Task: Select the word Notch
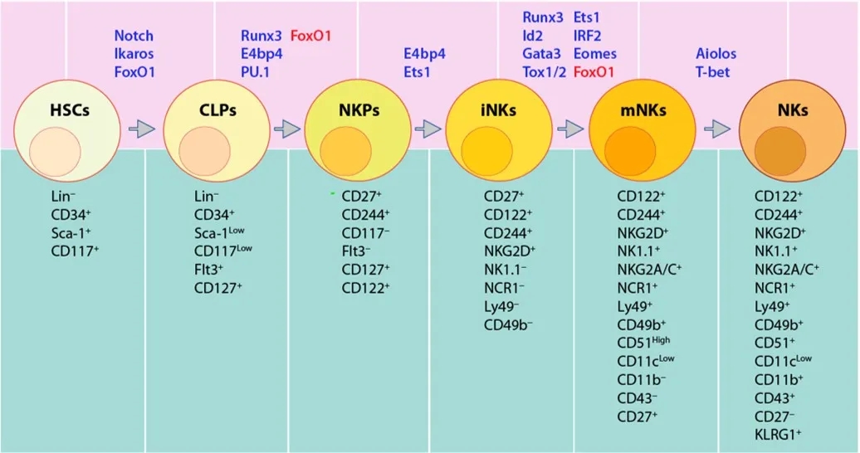coord(134,36)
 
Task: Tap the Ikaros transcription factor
coord(134,54)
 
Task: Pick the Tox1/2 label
coord(544,72)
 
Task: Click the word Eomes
coord(594,54)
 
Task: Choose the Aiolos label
coord(716,54)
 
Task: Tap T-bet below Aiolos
coord(712,72)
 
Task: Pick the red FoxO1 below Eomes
coord(594,72)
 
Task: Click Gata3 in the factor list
coord(541,54)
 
